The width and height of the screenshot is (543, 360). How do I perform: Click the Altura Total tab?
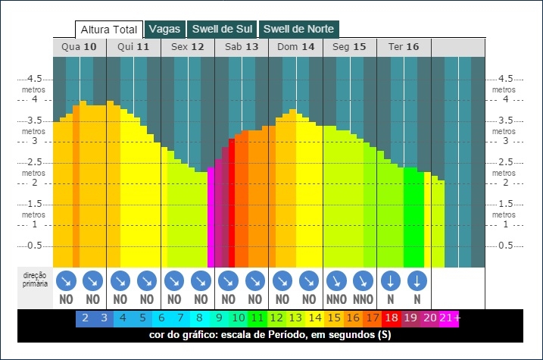(109, 30)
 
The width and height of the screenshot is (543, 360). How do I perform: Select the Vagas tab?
(165, 29)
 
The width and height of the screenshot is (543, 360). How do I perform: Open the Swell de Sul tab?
(222, 29)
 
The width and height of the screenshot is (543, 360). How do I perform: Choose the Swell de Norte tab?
(299, 29)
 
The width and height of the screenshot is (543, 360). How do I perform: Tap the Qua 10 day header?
(80, 47)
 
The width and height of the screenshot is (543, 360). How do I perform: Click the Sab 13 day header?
(242, 47)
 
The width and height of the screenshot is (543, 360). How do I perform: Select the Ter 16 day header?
(404, 47)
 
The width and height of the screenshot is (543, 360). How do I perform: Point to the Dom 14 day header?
(296, 47)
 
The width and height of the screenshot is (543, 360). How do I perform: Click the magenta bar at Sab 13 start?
(211, 218)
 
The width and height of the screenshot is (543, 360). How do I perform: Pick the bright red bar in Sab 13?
(231, 203)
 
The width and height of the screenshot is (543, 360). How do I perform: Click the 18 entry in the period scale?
(392, 318)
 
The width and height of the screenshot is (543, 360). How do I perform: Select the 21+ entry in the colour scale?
(449, 318)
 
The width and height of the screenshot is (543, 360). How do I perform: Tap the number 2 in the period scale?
(85, 318)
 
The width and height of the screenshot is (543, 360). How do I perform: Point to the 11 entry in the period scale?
(257, 318)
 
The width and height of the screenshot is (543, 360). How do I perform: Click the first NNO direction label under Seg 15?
(336, 299)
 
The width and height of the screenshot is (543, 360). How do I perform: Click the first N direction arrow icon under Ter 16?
(391, 281)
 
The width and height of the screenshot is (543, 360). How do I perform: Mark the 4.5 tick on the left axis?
(34, 79)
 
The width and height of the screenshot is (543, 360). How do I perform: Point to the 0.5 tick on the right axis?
(505, 246)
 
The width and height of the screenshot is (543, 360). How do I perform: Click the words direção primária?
(35, 280)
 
